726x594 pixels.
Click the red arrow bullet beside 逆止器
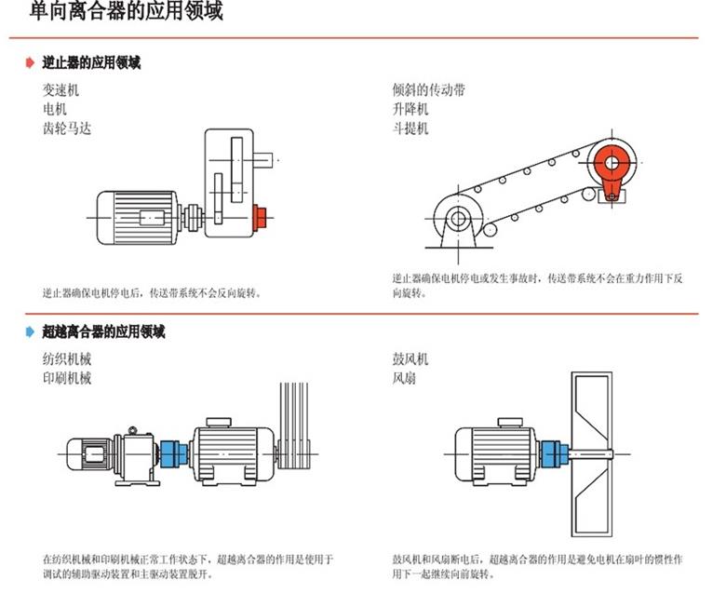tap(30, 63)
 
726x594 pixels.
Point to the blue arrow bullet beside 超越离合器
tap(30, 332)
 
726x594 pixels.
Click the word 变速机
tap(60, 90)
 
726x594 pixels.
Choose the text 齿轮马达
tap(67, 128)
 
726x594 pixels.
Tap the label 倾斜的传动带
tap(429, 90)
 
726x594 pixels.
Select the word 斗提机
tap(410, 128)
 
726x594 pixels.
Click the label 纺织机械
tap(67, 359)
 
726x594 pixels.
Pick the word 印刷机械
tap(67, 378)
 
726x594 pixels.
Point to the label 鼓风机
tap(410, 359)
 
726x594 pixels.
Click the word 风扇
tap(404, 379)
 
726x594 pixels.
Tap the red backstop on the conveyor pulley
tap(610, 166)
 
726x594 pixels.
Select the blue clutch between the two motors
tap(174, 453)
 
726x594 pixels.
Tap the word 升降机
tap(410, 109)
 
